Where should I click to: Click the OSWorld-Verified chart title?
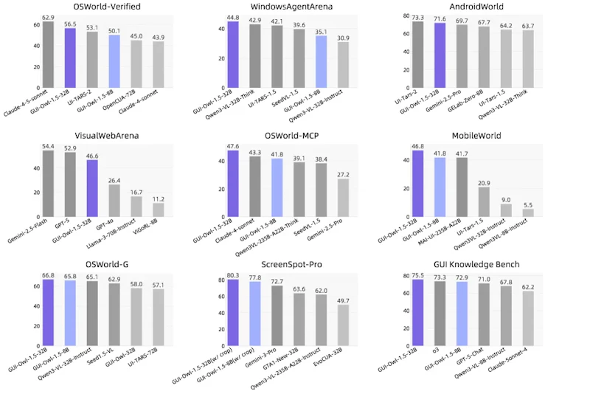pos(107,7)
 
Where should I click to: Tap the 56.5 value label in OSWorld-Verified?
pos(70,24)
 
